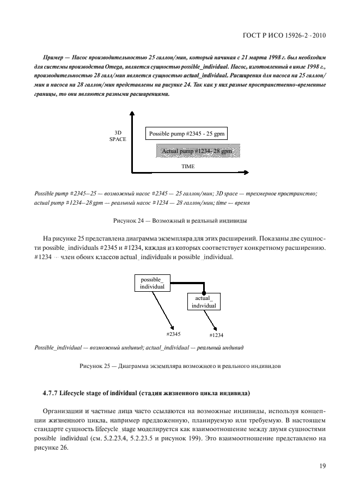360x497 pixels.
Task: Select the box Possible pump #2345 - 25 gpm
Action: (187, 133)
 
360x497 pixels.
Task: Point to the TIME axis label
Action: (187, 167)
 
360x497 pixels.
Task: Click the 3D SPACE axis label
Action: (118, 136)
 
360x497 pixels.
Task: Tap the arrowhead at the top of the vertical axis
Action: (132, 113)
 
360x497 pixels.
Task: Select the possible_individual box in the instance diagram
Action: (152, 283)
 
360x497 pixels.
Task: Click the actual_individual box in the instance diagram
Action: (204, 302)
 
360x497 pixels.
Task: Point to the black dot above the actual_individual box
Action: (204, 292)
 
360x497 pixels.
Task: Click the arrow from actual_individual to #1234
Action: (210, 320)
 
